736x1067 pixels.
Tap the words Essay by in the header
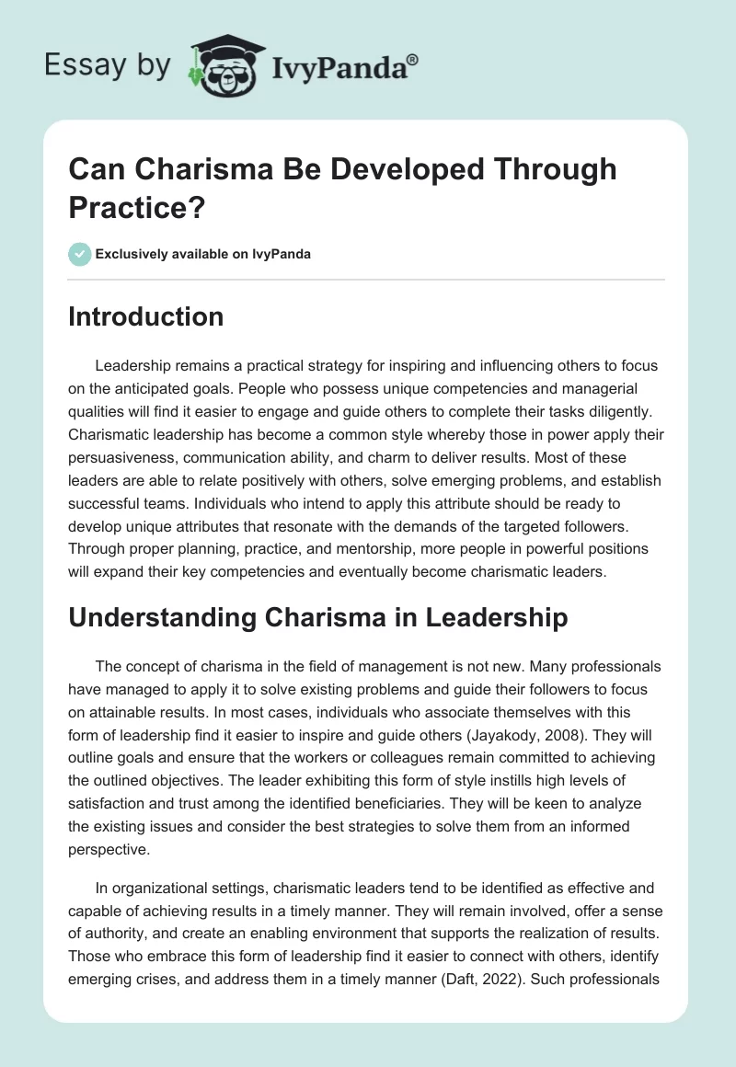point(109,65)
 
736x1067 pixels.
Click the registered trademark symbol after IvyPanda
point(412,58)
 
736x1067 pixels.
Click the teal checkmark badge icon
point(79,254)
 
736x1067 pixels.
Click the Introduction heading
point(146,317)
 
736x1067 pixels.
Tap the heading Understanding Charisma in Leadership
point(318,618)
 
